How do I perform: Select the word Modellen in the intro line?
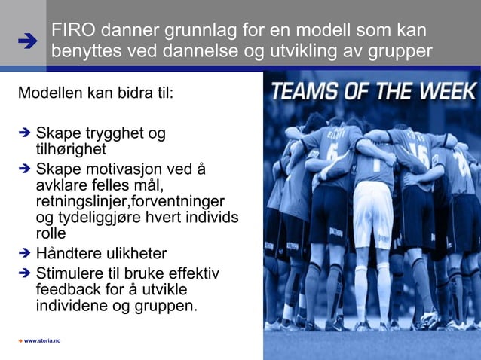pos(50,94)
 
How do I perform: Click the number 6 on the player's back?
pos(331,160)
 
